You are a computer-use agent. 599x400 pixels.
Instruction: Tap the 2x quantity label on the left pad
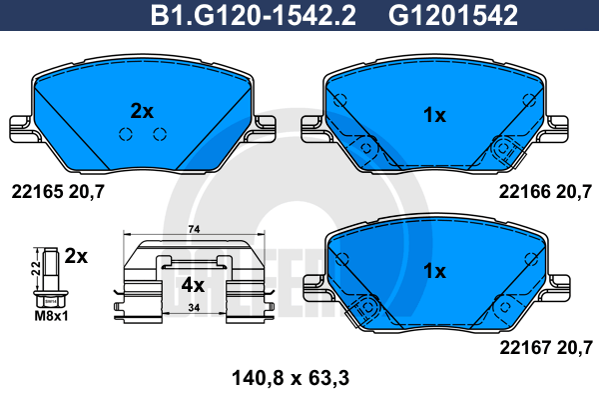point(142,111)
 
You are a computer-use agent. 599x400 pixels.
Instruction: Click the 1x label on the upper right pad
point(433,116)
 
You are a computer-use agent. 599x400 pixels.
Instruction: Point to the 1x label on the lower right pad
point(433,270)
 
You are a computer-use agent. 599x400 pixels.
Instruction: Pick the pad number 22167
point(520,348)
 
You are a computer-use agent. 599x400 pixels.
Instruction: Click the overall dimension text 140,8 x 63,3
point(284,377)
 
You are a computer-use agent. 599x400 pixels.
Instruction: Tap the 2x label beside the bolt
point(76,256)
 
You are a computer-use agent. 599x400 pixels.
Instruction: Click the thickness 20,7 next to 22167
point(578,348)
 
